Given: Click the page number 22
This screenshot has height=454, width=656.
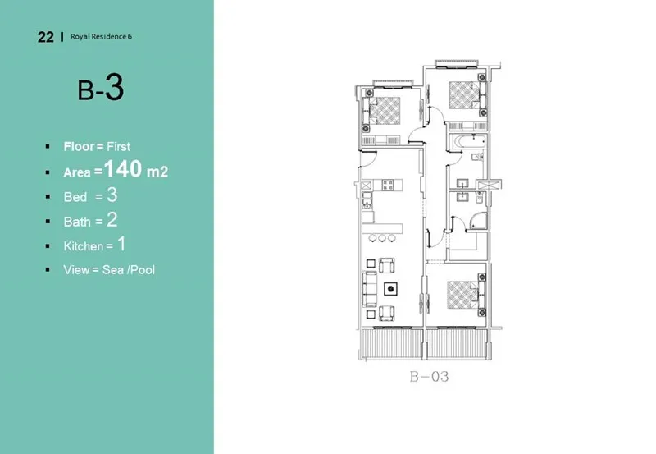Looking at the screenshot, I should tap(45, 37).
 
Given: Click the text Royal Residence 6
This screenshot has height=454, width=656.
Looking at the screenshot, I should tap(101, 37).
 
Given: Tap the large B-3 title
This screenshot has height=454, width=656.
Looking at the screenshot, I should tap(101, 88).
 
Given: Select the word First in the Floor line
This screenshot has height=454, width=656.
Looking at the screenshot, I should tap(118, 146).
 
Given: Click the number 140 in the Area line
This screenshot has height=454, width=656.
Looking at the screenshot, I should tap(125, 170).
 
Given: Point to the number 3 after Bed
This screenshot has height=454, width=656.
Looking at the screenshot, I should tap(112, 195).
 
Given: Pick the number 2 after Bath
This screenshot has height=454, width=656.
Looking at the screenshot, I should tap(112, 219).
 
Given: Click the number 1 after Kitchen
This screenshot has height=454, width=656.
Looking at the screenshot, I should tap(121, 244).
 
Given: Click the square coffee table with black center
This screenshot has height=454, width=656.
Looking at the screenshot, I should tap(391, 288).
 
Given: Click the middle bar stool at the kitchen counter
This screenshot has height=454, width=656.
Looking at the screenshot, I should tap(383, 238).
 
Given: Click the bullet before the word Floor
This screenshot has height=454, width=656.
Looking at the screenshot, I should tap(47, 146).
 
